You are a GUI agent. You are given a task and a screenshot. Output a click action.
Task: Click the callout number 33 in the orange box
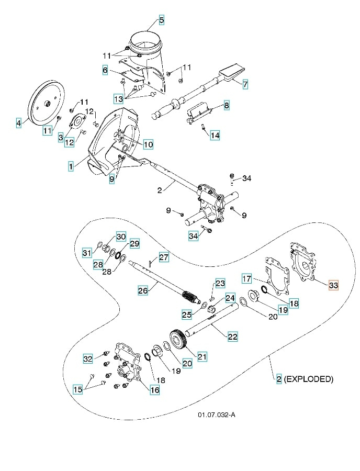333,285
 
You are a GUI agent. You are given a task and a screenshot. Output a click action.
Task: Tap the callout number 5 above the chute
161,20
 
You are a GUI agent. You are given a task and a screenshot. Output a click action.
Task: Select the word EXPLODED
308,379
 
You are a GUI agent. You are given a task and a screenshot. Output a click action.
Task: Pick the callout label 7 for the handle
245,83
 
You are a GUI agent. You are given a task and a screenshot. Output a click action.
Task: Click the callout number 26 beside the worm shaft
142,289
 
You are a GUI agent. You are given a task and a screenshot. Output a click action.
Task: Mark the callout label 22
232,337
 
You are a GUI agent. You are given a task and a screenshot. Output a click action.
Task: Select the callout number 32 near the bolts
88,358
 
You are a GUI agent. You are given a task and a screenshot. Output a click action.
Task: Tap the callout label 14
215,136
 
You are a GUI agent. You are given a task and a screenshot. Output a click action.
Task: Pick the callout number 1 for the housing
71,166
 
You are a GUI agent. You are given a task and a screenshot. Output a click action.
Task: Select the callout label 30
121,237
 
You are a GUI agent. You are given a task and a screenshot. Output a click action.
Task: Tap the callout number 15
77,389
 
